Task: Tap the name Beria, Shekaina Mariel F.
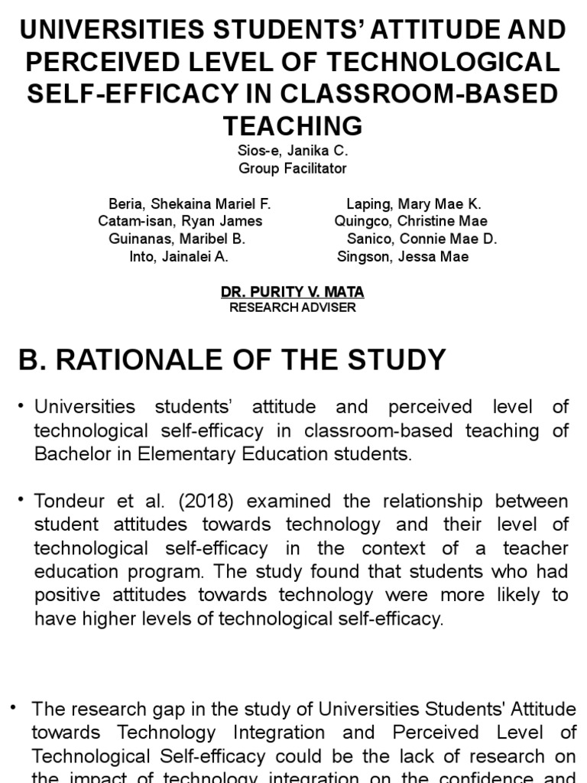190,204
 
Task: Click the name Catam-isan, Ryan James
180,221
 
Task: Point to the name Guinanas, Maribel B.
177,239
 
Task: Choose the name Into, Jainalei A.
179,256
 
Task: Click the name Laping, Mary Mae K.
413,204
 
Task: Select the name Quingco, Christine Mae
411,221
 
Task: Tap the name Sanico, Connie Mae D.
422,239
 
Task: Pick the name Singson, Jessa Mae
403,256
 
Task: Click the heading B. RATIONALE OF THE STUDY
232,359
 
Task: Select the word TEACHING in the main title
293,125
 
